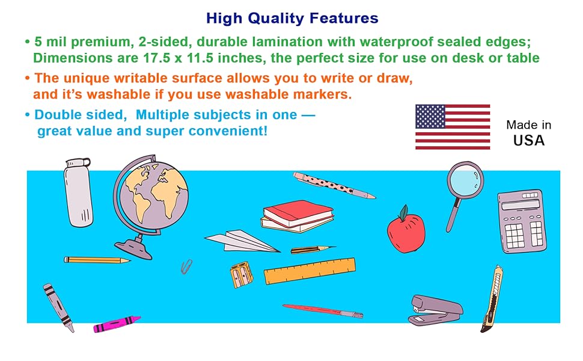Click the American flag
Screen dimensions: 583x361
[453, 127]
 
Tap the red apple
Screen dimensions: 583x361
[406, 231]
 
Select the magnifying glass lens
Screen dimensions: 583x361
[465, 180]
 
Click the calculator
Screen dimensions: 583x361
[522, 221]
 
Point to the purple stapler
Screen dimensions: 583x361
[435, 310]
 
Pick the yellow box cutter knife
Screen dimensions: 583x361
[492, 298]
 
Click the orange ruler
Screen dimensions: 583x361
[310, 271]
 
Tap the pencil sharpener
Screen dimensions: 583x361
[241, 276]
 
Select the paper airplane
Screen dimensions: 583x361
[242, 241]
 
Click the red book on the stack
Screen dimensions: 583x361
[298, 212]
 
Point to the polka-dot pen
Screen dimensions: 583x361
[334, 185]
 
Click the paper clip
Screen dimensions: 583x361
[187, 267]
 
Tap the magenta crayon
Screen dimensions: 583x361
[117, 324]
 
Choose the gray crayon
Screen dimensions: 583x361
[58, 307]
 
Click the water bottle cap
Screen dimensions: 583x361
[78, 163]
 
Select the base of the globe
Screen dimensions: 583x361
[133, 248]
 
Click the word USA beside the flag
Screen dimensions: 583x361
[529, 140]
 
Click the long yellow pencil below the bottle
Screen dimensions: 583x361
[97, 260]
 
